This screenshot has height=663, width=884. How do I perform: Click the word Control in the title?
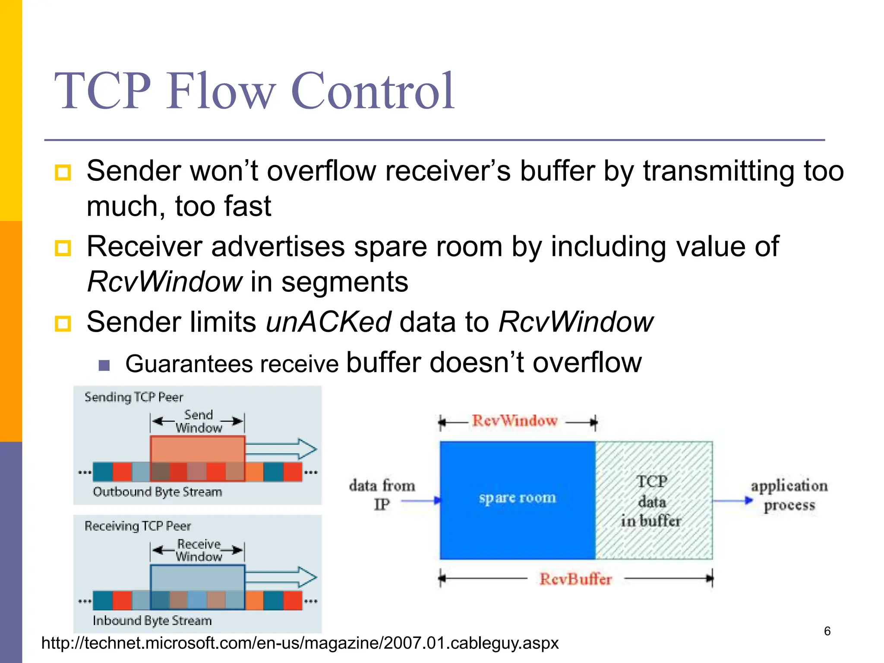373,92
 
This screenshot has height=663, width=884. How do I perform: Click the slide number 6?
827,631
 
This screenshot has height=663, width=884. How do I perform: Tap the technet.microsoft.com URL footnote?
300,643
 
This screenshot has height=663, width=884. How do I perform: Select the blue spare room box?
517,500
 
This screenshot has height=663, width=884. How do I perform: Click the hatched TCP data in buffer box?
654,500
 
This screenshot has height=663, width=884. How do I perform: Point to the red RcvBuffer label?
575,579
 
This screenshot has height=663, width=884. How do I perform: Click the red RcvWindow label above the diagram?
515,420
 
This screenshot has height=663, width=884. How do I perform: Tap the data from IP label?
382,495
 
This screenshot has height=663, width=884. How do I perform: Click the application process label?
789,495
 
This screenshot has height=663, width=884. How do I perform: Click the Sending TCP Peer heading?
134,397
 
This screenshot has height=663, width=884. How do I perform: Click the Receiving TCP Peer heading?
138,526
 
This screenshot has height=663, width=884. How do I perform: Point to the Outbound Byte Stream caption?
157,492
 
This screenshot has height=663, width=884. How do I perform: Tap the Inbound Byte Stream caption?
152,621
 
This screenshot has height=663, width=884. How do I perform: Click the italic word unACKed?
328,322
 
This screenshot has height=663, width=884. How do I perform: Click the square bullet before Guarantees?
104,365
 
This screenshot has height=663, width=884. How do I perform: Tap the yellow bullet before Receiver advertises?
63,248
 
